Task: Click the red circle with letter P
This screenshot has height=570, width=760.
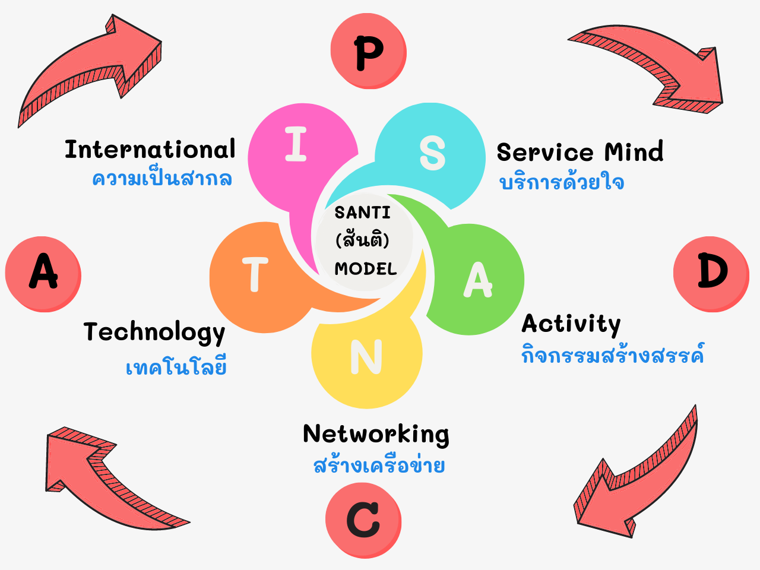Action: pyautogui.click(x=368, y=52)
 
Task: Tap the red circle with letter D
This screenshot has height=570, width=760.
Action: pyautogui.click(x=711, y=273)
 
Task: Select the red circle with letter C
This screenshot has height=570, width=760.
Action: pyautogui.click(x=363, y=520)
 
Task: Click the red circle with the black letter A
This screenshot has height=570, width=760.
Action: pyautogui.click(x=43, y=273)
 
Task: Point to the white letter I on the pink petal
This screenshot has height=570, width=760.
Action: pyautogui.click(x=296, y=145)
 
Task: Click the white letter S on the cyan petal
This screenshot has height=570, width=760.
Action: pyautogui.click(x=432, y=153)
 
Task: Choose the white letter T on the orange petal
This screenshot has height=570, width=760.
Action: pyautogui.click(x=255, y=274)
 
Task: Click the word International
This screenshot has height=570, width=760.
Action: pyautogui.click(x=150, y=150)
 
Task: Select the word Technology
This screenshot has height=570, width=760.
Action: pyautogui.click(x=154, y=332)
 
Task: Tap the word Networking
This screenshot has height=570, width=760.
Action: pyautogui.click(x=376, y=434)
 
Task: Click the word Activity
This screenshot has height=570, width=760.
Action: pyautogui.click(x=571, y=324)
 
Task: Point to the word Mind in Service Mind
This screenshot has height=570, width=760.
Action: pyautogui.click(x=634, y=153)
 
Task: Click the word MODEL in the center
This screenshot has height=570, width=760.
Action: pyautogui.click(x=366, y=269)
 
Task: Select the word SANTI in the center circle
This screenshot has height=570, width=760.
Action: pyautogui.click(x=362, y=213)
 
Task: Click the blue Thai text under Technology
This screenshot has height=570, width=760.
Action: pyautogui.click(x=176, y=368)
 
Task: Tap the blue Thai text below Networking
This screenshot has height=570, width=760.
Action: pyautogui.click(x=379, y=465)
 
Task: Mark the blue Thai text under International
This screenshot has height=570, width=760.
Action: pyautogui.click(x=162, y=178)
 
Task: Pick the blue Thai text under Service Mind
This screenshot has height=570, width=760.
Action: pyautogui.click(x=562, y=182)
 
